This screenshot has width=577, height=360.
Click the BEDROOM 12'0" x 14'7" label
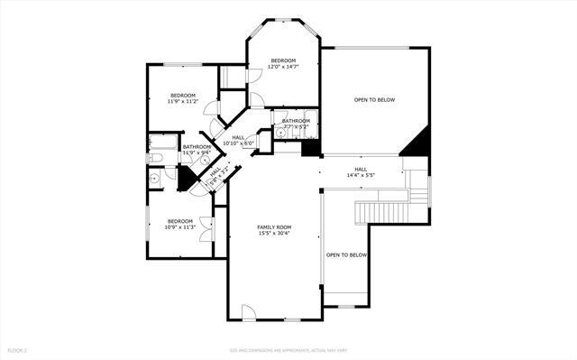pos(284,63)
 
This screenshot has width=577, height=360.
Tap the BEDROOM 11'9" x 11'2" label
pos(183,97)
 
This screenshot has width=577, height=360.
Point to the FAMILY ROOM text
pos(274,226)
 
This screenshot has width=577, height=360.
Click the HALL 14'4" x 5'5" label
pos(360,171)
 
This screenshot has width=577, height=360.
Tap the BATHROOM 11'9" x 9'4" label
pos(197,149)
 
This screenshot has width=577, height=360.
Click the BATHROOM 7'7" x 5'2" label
pos(295,124)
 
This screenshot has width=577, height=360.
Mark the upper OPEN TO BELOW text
pos(374,99)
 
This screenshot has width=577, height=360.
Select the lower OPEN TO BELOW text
pos(347,255)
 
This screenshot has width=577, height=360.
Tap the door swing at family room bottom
pos(249,312)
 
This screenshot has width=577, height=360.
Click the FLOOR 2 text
pos(18,349)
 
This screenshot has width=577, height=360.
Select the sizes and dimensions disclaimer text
pos(288,349)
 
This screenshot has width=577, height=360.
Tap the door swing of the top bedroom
pos(254,73)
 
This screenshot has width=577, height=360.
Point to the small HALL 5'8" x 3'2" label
pos(216,171)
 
